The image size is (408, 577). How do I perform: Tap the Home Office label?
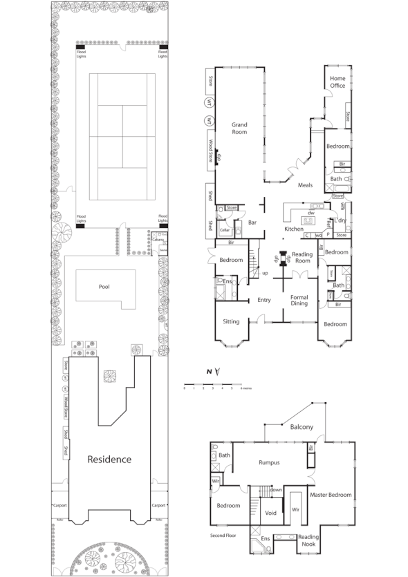pyautogui.click(x=337, y=82)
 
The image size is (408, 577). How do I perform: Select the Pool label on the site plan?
pyautogui.click(x=104, y=286)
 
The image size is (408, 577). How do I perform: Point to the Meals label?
pyautogui.click(x=305, y=185)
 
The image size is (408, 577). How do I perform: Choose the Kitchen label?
pyautogui.click(x=294, y=229)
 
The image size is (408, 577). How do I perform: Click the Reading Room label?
pyautogui.click(x=302, y=258)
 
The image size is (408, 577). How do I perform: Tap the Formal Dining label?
pyautogui.click(x=299, y=300)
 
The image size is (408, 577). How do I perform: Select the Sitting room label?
pyautogui.click(x=231, y=322)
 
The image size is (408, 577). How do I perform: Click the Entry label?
pyautogui.click(x=263, y=300)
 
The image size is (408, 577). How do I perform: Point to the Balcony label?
pyautogui.click(x=302, y=427)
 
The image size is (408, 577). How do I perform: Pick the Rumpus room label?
pyautogui.click(x=268, y=463)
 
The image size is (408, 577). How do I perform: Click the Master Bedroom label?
pyautogui.click(x=331, y=495)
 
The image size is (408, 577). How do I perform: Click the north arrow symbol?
pyautogui.click(x=217, y=372)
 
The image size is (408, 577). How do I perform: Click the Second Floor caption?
pyautogui.click(x=224, y=536)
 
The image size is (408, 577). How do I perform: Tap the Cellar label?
pyautogui.click(x=224, y=230)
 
